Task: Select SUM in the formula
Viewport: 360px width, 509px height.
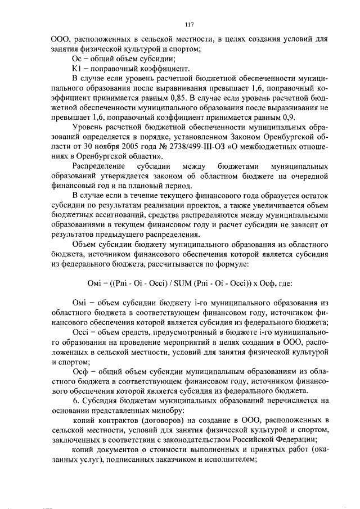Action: coord(184,283)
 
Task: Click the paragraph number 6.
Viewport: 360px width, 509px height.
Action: coord(76,400)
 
